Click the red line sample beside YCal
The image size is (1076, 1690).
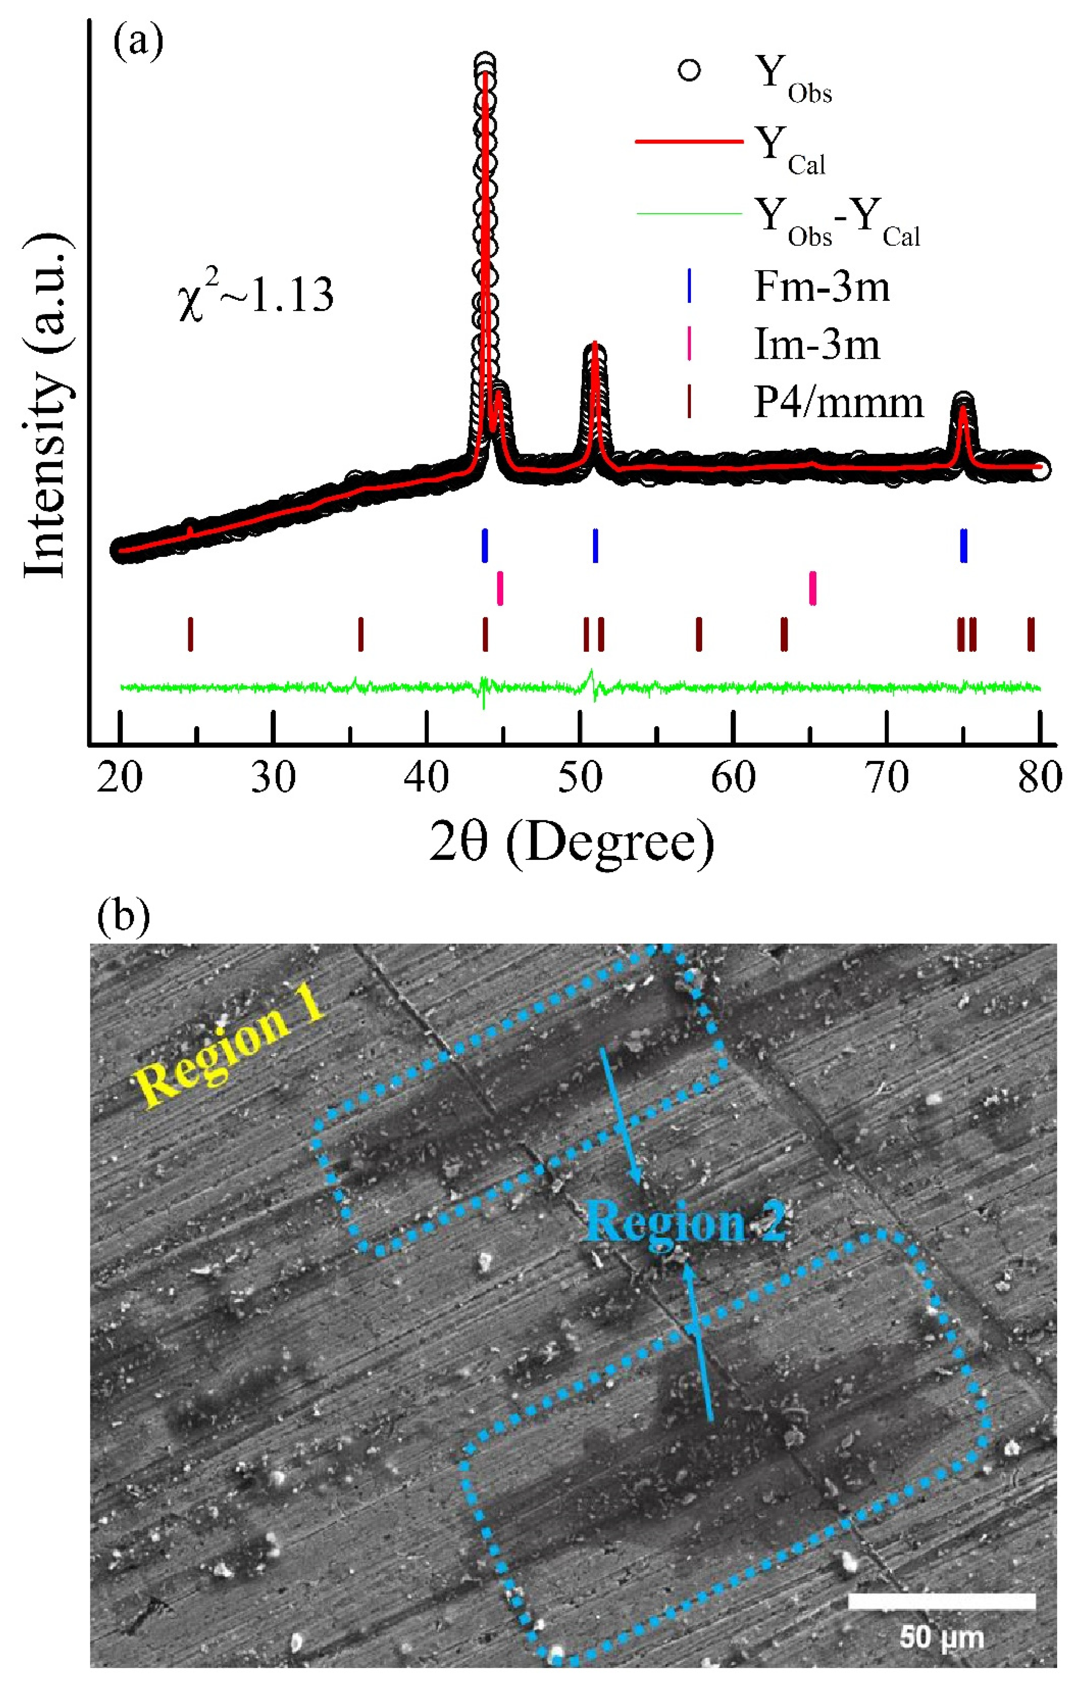688,143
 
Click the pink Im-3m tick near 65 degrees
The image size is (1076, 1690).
812,588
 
